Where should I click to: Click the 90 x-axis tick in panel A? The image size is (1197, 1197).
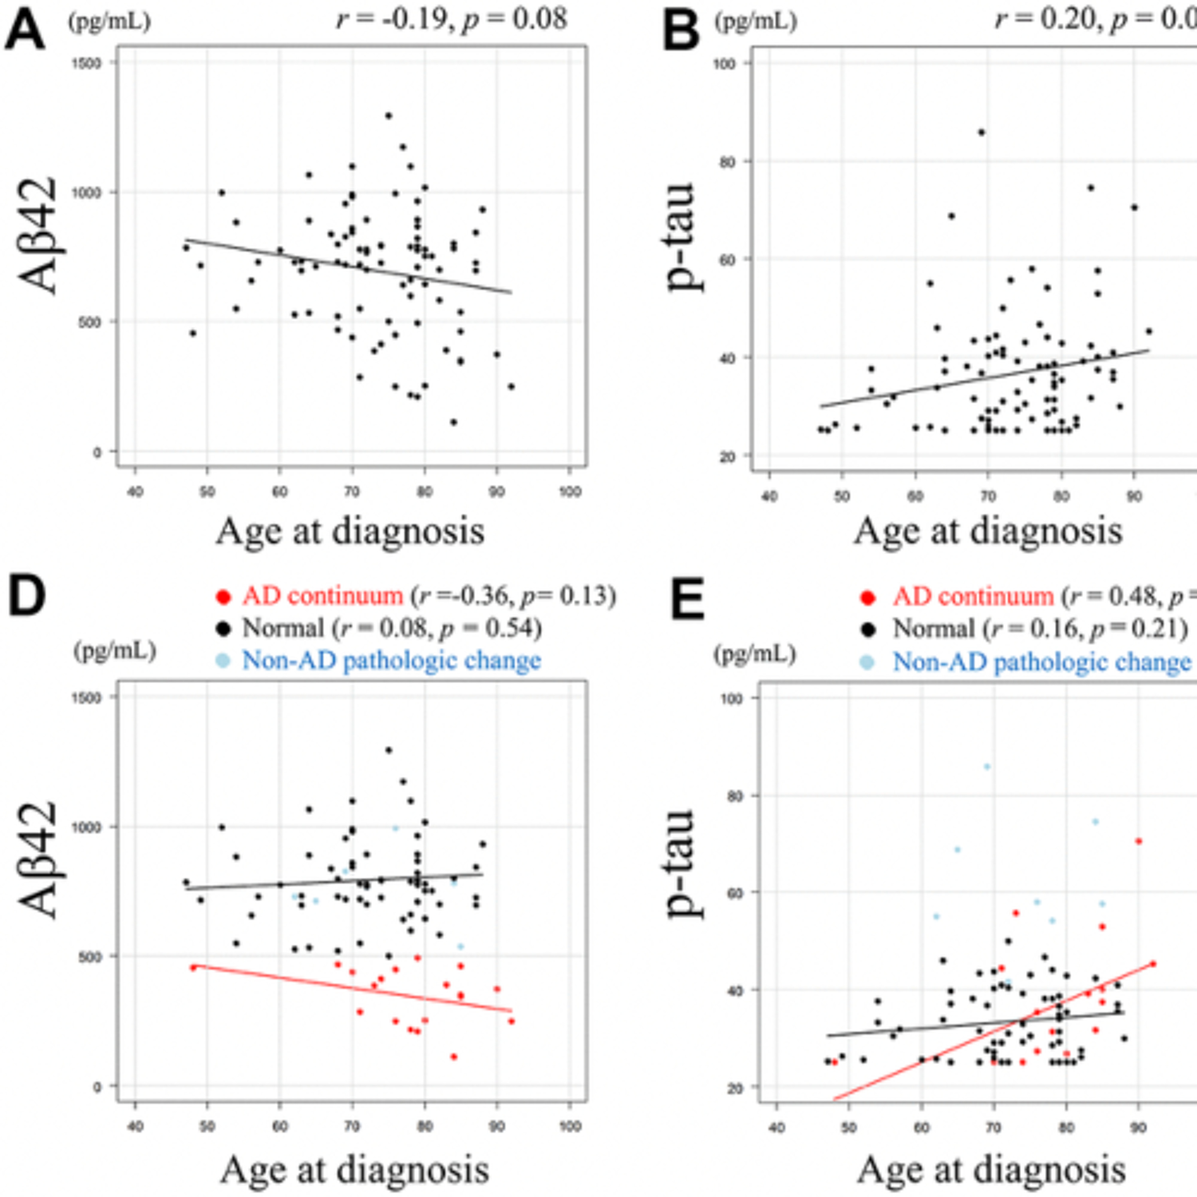(x=497, y=492)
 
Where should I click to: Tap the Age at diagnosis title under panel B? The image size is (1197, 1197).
(x=988, y=531)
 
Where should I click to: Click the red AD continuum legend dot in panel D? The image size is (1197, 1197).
(x=223, y=597)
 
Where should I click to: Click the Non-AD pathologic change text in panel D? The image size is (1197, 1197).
(x=391, y=660)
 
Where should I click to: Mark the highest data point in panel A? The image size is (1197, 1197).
(x=389, y=116)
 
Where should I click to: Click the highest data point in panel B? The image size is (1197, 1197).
(x=982, y=132)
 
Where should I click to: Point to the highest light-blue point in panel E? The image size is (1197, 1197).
(x=987, y=767)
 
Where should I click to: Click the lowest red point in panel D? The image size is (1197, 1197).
(x=454, y=1057)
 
